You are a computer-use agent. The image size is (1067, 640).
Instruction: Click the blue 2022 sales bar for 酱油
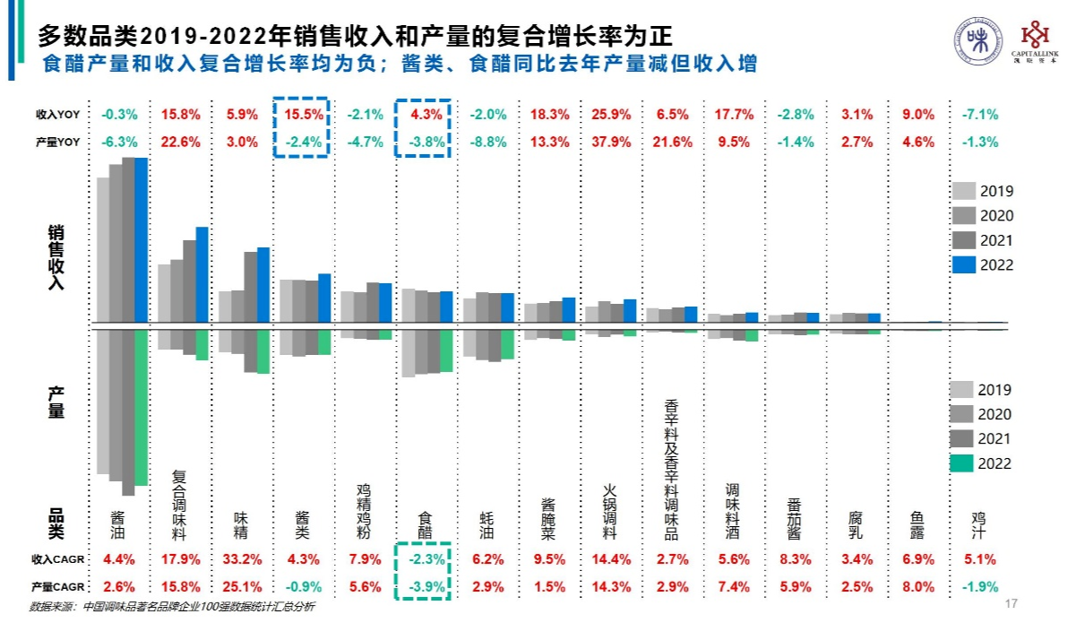pos(142,240)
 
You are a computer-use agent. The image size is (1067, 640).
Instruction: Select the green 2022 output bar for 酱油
pos(142,407)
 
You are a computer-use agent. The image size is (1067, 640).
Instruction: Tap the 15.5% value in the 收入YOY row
pos(302,115)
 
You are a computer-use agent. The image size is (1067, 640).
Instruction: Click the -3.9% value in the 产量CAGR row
pos(425,586)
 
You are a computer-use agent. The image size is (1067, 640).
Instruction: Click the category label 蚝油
pos(486,524)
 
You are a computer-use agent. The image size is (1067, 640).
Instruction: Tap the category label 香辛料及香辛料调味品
pos(672,471)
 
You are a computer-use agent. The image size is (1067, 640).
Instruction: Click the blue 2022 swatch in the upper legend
pos(963,264)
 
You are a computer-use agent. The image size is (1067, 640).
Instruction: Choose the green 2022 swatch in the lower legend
pos(963,463)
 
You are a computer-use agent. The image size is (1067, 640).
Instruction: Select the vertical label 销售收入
pos(56,256)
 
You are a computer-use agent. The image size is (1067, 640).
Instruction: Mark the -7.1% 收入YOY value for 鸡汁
pos(979,115)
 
